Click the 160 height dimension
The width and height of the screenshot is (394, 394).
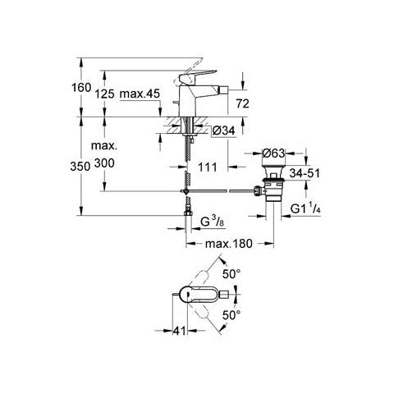[81, 88]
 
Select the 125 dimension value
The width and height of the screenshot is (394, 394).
[104, 94]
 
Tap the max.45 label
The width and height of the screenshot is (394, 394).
[140, 94]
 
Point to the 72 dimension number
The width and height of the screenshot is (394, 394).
[242, 103]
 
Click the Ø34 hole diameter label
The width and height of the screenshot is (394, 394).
[223, 131]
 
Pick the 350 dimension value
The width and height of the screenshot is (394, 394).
[80, 166]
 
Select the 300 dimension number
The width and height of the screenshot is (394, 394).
[104, 163]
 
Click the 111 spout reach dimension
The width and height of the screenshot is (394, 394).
[207, 167]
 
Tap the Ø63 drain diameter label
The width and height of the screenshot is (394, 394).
[273, 153]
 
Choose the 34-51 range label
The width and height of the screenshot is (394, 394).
[305, 173]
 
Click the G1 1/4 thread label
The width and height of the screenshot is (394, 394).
[305, 209]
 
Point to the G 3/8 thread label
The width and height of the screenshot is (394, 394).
[212, 222]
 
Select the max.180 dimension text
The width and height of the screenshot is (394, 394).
[229, 243]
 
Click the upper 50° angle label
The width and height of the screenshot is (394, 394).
[231, 274]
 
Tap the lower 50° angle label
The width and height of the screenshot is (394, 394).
[231, 315]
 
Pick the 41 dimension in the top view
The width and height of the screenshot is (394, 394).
[179, 331]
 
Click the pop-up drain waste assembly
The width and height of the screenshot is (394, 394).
[271, 183]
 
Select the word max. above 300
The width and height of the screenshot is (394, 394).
[104, 146]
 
